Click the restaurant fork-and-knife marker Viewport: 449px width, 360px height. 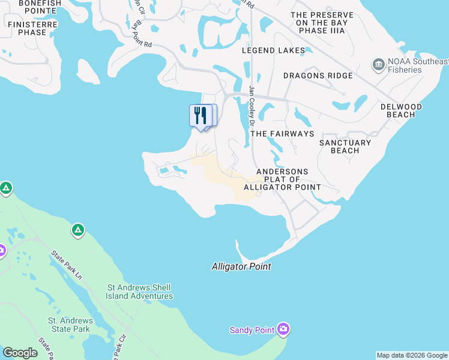click(x=200, y=115)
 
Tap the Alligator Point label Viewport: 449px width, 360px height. click(x=241, y=266)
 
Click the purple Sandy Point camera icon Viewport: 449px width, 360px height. click(x=283, y=329)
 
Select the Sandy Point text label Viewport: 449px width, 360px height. click(x=252, y=330)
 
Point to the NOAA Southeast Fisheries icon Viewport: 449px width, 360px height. click(x=379, y=64)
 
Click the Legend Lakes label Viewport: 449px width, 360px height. click(x=273, y=50)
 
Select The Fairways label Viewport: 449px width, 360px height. click(x=282, y=133)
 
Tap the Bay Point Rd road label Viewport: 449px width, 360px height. click(x=142, y=35)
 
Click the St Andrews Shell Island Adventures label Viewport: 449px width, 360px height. click(x=139, y=292)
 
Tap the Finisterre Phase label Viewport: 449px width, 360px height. click(x=27, y=28)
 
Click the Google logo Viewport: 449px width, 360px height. click(x=20, y=353)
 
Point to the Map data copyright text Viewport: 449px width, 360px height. click(x=412, y=355)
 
